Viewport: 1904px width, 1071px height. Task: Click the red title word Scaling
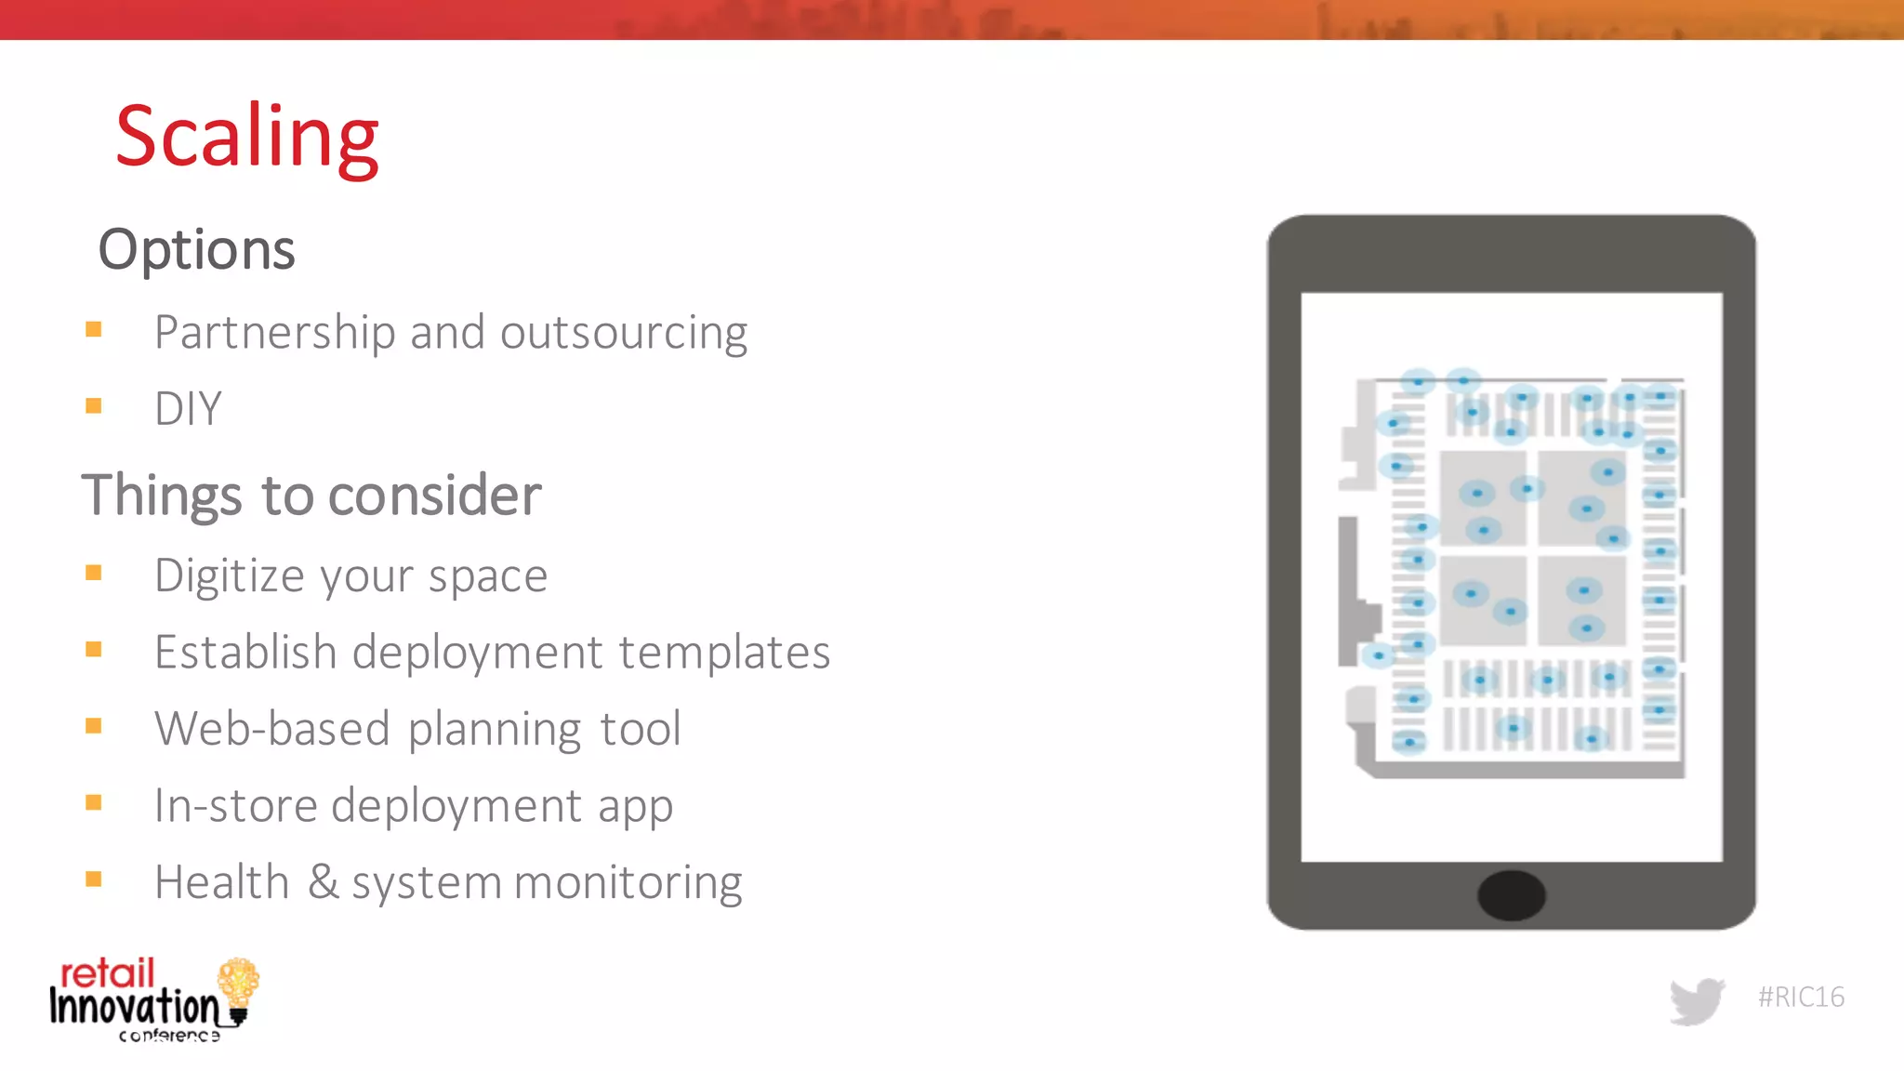click(x=246, y=138)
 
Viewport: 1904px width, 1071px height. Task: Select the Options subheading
click(x=196, y=249)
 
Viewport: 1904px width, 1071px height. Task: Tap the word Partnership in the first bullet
click(x=275, y=332)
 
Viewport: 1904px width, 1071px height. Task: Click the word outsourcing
click(x=624, y=333)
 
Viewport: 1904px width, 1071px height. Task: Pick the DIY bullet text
click(x=188, y=409)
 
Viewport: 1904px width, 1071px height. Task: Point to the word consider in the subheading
click(x=434, y=495)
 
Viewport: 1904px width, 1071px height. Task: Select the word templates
click(x=724, y=652)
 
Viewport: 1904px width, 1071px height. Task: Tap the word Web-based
click(x=271, y=728)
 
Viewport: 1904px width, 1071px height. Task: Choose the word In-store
click(x=235, y=805)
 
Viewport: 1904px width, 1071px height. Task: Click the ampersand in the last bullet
click(x=323, y=881)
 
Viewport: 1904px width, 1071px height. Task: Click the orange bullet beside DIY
click(x=94, y=406)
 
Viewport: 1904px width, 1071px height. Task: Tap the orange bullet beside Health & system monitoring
click(x=94, y=879)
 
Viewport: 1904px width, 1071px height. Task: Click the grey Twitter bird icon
click(x=1697, y=1000)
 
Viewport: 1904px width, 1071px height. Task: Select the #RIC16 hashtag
click(x=1801, y=997)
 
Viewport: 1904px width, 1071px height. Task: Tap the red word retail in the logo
click(x=107, y=973)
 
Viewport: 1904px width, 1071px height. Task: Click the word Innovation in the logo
click(x=134, y=1007)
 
